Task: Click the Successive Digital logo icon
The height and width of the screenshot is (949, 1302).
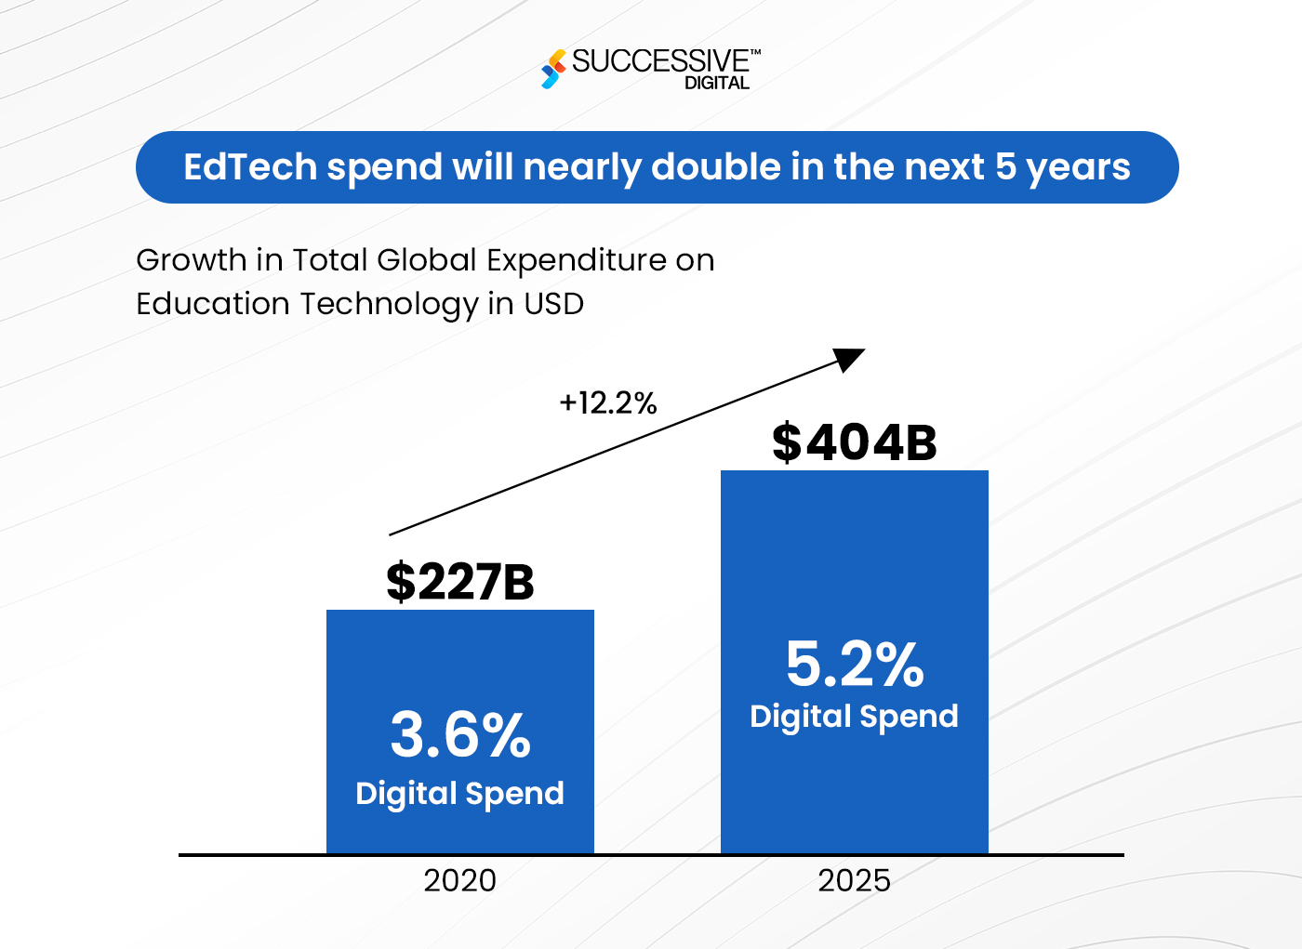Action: point(553,69)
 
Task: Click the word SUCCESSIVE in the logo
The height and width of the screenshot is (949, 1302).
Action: point(659,61)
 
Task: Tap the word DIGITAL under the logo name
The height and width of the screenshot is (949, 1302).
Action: point(716,83)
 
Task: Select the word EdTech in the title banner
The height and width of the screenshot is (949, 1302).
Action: point(250,167)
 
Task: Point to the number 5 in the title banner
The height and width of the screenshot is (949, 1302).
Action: point(1005,167)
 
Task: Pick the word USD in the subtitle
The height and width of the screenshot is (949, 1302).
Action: point(553,304)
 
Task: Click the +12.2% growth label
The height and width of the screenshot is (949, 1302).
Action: point(608,402)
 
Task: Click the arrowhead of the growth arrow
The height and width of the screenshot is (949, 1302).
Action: point(849,358)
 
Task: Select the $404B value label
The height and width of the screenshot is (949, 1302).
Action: point(854,442)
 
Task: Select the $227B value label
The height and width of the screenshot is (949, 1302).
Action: point(459,582)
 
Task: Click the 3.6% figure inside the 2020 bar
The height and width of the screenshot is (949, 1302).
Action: point(459,734)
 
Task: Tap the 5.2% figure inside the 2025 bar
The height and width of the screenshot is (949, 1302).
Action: point(854,664)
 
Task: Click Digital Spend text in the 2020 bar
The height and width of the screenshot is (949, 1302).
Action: point(459,794)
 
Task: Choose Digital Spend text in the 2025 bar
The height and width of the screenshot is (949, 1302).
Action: point(854,717)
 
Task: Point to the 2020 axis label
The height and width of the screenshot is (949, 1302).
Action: point(459,880)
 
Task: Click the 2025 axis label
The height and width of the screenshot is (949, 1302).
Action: point(854,880)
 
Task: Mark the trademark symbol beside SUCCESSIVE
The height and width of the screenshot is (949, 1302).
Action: point(755,53)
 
